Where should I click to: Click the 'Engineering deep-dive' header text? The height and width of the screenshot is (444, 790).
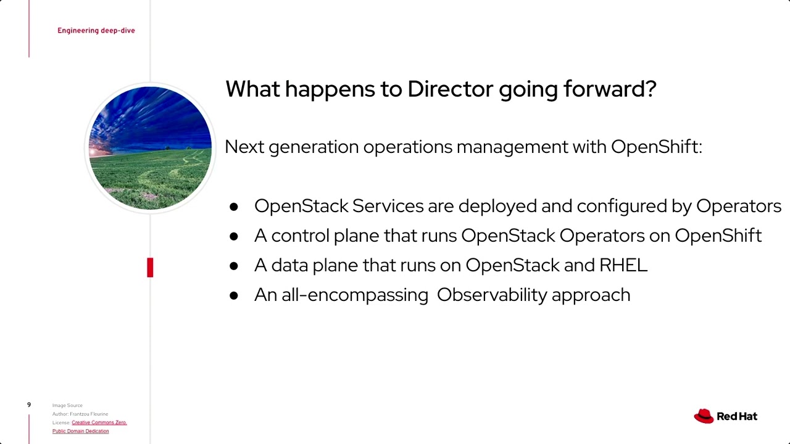tap(96, 30)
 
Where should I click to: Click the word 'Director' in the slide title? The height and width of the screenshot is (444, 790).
tap(451, 89)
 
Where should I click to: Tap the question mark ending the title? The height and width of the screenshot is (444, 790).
tap(649, 89)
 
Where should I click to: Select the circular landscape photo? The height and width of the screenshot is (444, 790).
tap(150, 148)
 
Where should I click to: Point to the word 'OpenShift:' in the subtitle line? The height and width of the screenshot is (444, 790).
tap(656, 147)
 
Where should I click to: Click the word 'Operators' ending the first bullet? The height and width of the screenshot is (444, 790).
tap(738, 206)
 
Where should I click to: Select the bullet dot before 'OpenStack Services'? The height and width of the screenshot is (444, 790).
tap(233, 207)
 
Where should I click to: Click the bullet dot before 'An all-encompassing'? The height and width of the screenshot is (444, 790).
tap(233, 295)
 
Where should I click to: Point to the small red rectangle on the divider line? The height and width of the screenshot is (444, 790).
tap(150, 268)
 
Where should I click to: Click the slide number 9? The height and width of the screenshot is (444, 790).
tap(28, 405)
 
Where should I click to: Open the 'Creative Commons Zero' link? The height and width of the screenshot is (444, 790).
tap(99, 422)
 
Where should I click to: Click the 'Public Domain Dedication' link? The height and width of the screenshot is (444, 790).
tap(80, 431)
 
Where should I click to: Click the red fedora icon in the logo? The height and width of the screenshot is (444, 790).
tap(704, 416)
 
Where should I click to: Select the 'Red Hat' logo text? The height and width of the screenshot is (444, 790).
tap(737, 416)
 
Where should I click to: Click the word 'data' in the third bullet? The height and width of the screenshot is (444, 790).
tap(289, 265)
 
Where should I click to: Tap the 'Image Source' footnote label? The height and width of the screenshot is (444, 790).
tap(67, 405)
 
